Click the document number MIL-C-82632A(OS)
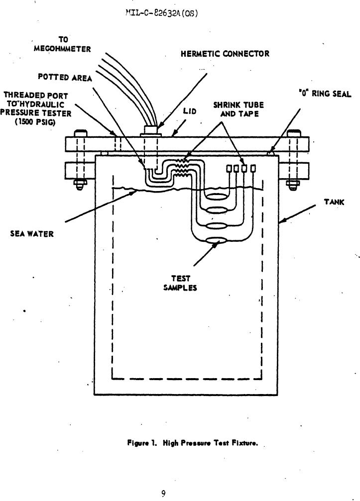(x=162, y=13)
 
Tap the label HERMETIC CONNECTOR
(x=225, y=53)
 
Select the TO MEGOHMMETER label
(x=63, y=44)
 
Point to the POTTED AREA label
(x=65, y=77)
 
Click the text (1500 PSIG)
(x=35, y=122)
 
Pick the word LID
(x=190, y=111)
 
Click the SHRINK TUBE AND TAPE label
(x=239, y=109)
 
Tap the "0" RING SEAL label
(x=325, y=94)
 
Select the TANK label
(x=334, y=201)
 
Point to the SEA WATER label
(x=32, y=233)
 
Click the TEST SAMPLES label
(x=180, y=283)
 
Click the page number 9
(x=163, y=494)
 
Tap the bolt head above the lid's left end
(x=80, y=133)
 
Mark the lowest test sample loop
(x=216, y=241)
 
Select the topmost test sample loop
(x=218, y=197)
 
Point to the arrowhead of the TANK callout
(x=281, y=221)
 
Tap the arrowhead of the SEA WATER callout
(x=134, y=192)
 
